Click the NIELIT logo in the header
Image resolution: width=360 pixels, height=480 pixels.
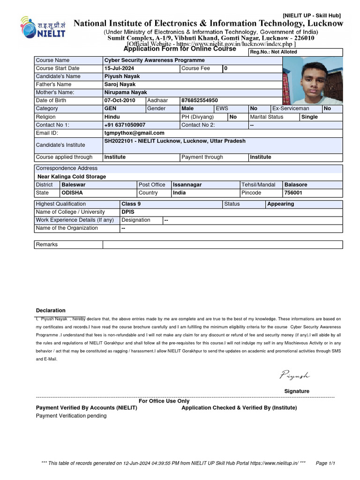[x=43, y=29]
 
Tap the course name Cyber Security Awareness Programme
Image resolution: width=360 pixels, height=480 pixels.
[x=154, y=60]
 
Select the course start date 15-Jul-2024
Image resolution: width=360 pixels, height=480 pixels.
[x=119, y=68]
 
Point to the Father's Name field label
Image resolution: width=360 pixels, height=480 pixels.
[x=53, y=84]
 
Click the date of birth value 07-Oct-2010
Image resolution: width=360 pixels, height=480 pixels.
[x=120, y=100]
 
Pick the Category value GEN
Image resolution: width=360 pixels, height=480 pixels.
[x=110, y=109]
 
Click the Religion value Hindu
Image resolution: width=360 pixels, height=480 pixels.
[x=112, y=117]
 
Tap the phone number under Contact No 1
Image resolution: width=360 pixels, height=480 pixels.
[x=125, y=125]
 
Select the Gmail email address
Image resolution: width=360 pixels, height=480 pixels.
[x=134, y=133]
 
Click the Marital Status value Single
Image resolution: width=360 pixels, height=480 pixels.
[x=309, y=117]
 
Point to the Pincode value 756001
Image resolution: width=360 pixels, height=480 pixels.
[x=293, y=193]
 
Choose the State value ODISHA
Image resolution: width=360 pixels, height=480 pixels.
[x=72, y=193]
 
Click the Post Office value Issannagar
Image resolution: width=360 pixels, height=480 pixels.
[x=187, y=185]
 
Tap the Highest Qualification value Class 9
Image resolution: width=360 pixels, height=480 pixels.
[x=131, y=204]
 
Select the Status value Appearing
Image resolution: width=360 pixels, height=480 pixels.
[x=280, y=204]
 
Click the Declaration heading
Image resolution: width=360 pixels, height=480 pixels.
[x=51, y=310]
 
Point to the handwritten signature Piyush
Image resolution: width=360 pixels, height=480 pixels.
[x=295, y=375]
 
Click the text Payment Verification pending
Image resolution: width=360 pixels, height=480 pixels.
[x=71, y=416]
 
